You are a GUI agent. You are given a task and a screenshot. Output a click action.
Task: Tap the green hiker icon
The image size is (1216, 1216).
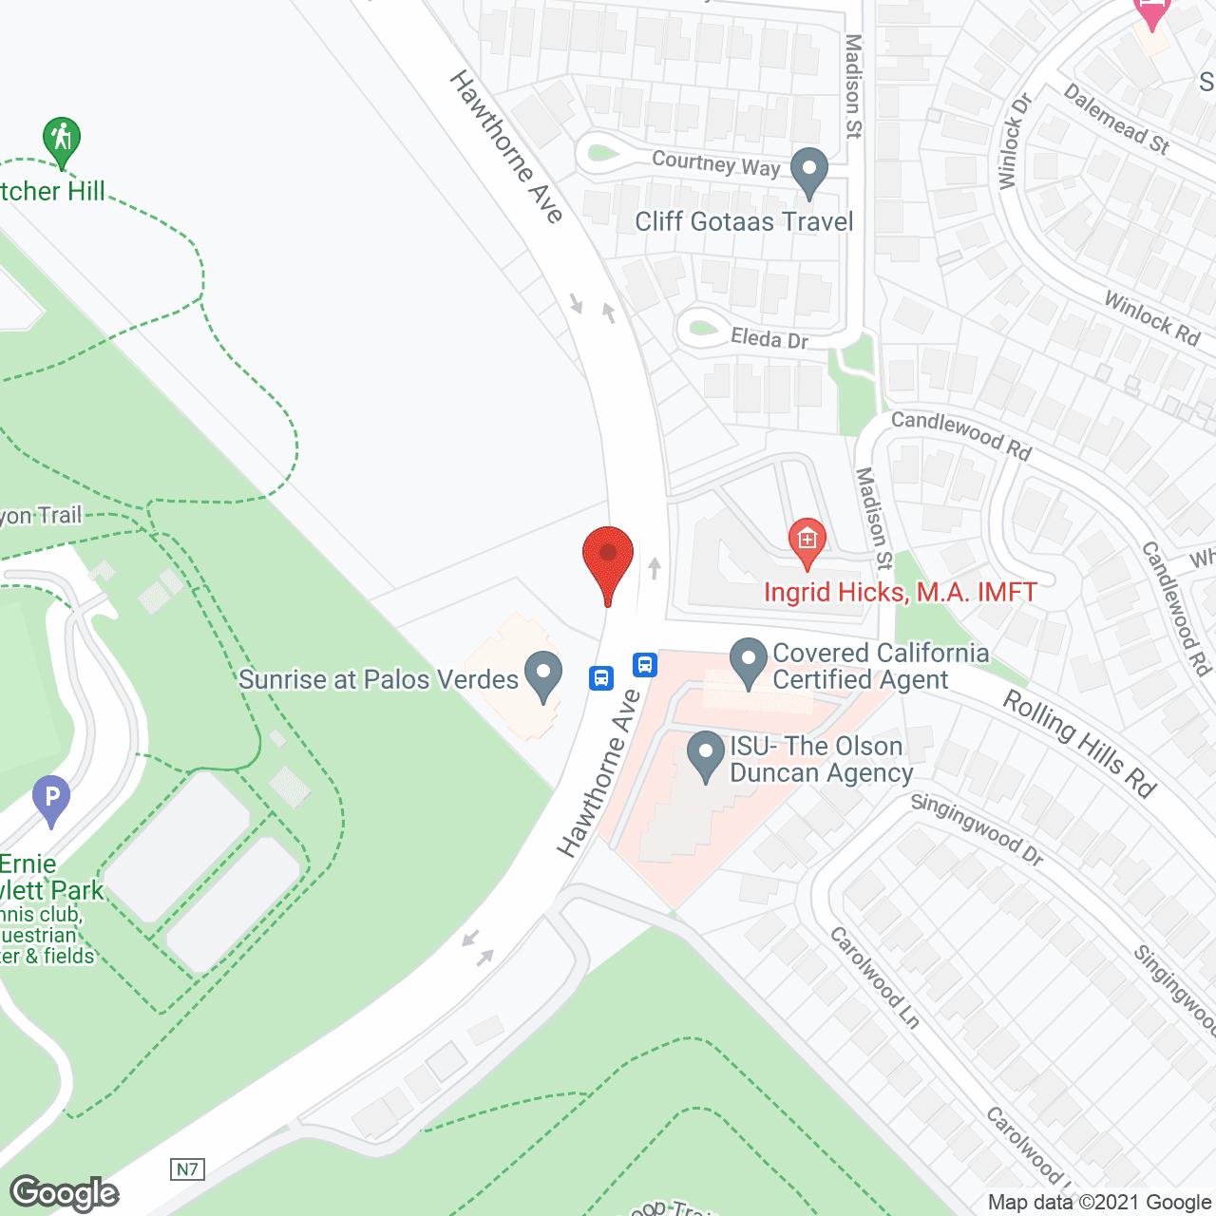pyautogui.click(x=62, y=141)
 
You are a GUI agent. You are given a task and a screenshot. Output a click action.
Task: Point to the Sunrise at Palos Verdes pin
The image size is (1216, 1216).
pyautogui.click(x=543, y=674)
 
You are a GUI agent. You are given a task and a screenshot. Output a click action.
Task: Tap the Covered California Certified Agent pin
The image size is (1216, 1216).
pyautogui.click(x=749, y=661)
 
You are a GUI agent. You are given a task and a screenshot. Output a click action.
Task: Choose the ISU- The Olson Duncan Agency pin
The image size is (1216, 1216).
pyautogui.click(x=706, y=755)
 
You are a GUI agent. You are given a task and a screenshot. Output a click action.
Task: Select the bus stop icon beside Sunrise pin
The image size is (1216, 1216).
pyautogui.click(x=601, y=677)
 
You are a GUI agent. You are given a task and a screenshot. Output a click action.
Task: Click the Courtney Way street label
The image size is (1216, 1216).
pyautogui.click(x=715, y=163)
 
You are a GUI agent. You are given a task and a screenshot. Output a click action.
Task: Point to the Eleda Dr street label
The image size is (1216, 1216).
pyautogui.click(x=769, y=337)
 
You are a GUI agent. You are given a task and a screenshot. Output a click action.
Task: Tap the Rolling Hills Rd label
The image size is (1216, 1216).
pyautogui.click(x=1080, y=743)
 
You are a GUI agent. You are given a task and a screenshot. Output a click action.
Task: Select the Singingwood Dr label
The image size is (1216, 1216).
pyautogui.click(x=977, y=828)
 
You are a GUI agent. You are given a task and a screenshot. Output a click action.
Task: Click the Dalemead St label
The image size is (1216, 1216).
pyautogui.click(x=1116, y=119)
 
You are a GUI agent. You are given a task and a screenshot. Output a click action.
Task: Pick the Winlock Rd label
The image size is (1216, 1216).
pyautogui.click(x=1152, y=317)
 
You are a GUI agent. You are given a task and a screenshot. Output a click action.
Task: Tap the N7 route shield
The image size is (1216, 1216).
pyautogui.click(x=187, y=1168)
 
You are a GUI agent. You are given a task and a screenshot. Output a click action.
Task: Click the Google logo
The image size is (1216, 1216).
pyautogui.click(x=65, y=1193)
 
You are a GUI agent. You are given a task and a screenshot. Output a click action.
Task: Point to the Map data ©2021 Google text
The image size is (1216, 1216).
pyautogui.click(x=1099, y=1203)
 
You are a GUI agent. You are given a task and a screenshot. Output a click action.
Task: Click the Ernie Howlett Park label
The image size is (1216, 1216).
pyautogui.click(x=52, y=878)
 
